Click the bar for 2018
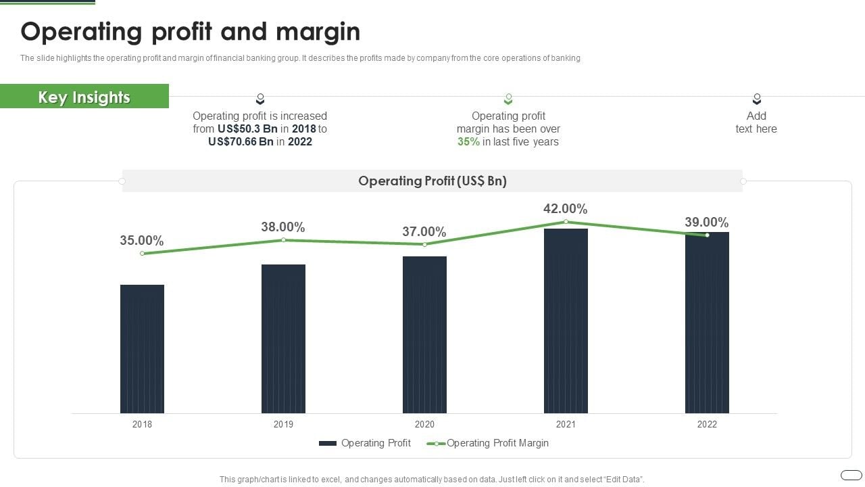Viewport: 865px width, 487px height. (x=142, y=348)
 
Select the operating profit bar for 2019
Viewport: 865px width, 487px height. (x=283, y=338)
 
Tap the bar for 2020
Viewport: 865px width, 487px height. (x=424, y=335)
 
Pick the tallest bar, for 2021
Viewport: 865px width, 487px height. (x=566, y=321)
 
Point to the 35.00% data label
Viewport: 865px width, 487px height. (x=142, y=241)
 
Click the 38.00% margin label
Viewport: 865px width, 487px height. (x=283, y=227)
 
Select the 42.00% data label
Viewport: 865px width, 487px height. (x=565, y=209)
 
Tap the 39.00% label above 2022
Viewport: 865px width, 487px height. (x=706, y=223)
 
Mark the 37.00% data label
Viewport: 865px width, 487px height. (x=424, y=232)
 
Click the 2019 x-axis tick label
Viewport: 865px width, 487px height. (x=283, y=425)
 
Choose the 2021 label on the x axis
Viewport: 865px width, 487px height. (x=566, y=425)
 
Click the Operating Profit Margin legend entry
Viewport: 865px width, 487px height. (x=497, y=443)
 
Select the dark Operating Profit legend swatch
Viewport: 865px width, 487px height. (x=328, y=443)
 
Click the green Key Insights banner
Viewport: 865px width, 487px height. (x=84, y=97)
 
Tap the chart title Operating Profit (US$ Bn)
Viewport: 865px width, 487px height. (x=432, y=181)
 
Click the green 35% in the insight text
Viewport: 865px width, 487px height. (x=468, y=142)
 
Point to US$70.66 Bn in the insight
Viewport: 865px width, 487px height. (x=242, y=142)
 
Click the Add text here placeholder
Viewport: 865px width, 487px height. (x=756, y=122)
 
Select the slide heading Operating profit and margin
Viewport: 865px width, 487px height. (x=191, y=32)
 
